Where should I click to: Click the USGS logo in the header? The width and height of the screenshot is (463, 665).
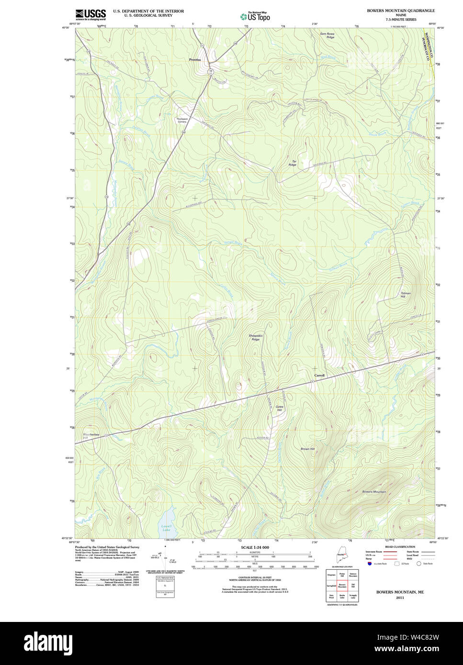(90, 14)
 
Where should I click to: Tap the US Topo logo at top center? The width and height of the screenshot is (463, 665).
(255, 16)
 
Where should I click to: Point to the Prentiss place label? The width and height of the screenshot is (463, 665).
(195, 60)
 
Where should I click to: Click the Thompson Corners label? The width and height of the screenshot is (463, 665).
(181, 120)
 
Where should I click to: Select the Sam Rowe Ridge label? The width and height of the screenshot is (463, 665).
(327, 35)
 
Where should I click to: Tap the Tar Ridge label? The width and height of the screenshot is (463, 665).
(293, 163)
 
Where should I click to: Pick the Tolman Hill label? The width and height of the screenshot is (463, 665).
(406, 295)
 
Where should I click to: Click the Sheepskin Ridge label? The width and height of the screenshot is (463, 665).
(256, 337)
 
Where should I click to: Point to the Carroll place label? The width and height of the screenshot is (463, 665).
(319, 376)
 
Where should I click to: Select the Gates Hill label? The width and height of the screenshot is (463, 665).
(279, 408)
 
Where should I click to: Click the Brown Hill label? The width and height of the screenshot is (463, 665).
(307, 449)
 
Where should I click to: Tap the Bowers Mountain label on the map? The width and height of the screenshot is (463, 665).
(374, 492)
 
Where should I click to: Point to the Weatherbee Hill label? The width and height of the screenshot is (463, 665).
(90, 436)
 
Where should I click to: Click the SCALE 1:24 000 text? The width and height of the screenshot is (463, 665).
(255, 547)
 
